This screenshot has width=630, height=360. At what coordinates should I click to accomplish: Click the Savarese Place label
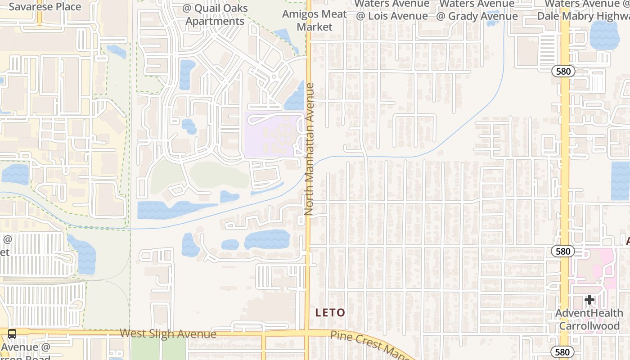[x=45, y=7]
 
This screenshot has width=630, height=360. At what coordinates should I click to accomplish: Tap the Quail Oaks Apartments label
[x=215, y=15]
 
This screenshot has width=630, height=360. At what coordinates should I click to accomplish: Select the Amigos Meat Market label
[x=315, y=20]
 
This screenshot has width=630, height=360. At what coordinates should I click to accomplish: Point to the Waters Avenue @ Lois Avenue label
[x=391, y=10]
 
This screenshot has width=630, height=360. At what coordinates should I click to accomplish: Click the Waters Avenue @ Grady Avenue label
[x=477, y=10]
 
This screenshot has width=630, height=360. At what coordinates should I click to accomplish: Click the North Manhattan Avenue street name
[x=309, y=148]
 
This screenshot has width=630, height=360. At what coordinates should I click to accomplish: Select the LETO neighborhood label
[x=330, y=312]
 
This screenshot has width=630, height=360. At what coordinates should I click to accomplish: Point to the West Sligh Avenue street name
[x=168, y=334]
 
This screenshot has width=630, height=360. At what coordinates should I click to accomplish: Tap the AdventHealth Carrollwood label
[x=589, y=319]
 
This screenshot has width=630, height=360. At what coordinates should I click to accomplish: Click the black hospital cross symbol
[x=589, y=300]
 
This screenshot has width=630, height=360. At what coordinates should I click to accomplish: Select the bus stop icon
[x=12, y=334]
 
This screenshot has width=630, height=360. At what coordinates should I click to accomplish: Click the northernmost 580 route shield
[x=563, y=71]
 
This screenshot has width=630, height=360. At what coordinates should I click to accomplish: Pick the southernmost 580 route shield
[x=562, y=352]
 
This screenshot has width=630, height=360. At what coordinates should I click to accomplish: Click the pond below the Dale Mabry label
[x=604, y=35]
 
